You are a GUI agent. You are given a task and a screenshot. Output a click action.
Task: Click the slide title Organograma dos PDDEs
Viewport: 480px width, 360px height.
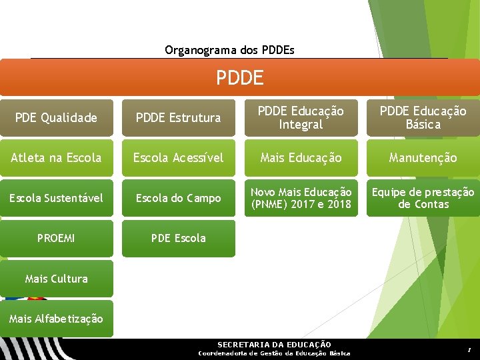(x=229, y=50)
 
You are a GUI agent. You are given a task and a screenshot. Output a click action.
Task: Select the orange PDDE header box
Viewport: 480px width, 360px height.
(x=239, y=77)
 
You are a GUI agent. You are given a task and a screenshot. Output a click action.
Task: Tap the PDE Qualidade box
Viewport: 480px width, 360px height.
(x=56, y=118)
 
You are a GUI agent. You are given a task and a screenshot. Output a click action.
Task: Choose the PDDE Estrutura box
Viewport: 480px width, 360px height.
(x=178, y=118)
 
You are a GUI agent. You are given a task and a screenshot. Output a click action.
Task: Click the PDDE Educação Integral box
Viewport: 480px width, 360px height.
(x=301, y=118)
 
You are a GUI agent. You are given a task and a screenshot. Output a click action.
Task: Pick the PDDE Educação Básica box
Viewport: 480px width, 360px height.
(x=423, y=118)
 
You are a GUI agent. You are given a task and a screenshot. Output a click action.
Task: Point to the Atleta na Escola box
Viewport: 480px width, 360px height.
(x=56, y=158)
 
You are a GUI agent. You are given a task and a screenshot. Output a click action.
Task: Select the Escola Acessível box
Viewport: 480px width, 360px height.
(x=178, y=158)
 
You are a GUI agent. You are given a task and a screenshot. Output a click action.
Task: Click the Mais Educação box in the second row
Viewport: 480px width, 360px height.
(x=301, y=158)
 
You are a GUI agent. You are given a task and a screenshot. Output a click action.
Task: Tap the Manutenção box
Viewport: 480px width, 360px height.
(x=423, y=158)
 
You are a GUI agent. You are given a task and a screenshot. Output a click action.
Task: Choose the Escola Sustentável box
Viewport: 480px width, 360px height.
(x=56, y=198)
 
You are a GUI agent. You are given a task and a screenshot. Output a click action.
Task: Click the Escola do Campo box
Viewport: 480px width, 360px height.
(x=178, y=198)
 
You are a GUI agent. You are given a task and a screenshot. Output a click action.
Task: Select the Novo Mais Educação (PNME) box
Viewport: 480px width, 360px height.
(x=301, y=198)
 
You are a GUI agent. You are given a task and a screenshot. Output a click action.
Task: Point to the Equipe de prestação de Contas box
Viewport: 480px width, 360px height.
(x=423, y=198)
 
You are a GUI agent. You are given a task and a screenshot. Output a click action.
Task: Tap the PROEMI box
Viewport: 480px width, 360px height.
(x=56, y=238)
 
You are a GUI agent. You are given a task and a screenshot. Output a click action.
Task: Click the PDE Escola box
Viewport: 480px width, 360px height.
(x=178, y=238)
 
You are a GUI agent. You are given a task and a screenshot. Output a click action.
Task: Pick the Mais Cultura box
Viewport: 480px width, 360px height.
(x=56, y=279)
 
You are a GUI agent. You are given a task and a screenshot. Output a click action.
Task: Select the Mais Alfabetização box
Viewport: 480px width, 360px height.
(x=56, y=319)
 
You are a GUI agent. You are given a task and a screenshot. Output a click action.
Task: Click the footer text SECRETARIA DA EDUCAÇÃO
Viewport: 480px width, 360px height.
(x=274, y=344)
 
